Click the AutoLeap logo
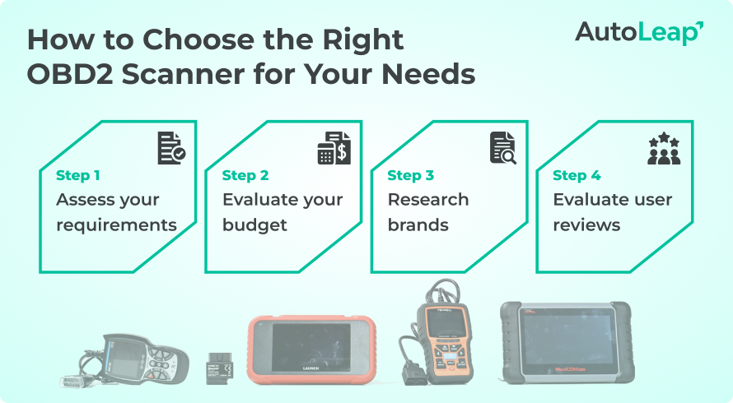click(x=638, y=32)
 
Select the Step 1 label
click(x=78, y=175)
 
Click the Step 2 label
click(x=245, y=175)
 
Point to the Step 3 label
click(x=410, y=175)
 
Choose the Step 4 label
click(x=577, y=175)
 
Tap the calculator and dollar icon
click(x=334, y=148)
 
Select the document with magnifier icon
click(x=502, y=148)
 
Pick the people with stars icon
click(x=664, y=148)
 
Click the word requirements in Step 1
click(x=116, y=225)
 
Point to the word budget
click(x=254, y=225)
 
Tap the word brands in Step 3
click(x=418, y=225)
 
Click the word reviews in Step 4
click(x=586, y=225)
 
